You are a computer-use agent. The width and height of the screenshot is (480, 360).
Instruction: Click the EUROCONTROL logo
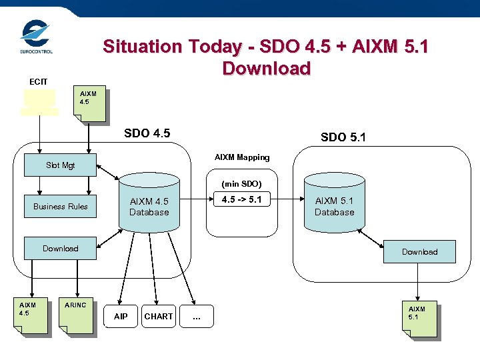[x=35, y=37]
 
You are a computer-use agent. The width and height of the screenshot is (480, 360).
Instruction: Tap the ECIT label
[x=38, y=81]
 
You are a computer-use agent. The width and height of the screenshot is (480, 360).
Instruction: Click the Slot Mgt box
[x=60, y=165]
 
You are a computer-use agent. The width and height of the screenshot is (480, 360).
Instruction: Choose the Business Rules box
[x=60, y=206]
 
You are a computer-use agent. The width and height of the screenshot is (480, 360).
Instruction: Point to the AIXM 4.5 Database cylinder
[x=149, y=203]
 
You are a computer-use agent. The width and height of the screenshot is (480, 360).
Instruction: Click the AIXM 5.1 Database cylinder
[x=334, y=203]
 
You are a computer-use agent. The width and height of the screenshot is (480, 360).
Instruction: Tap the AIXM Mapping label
[x=242, y=157]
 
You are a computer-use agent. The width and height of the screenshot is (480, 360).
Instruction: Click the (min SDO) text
[x=241, y=183]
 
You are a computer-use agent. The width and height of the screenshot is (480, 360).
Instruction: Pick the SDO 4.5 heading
[x=147, y=133]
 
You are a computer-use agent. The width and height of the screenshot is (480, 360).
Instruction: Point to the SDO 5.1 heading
[x=343, y=137]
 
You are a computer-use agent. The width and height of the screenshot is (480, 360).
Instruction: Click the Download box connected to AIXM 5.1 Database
[x=419, y=251]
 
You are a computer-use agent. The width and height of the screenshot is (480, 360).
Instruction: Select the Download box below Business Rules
[x=60, y=248]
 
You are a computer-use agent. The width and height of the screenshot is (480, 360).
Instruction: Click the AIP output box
[x=121, y=316]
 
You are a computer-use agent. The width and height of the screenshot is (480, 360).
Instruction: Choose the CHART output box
[x=159, y=316]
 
